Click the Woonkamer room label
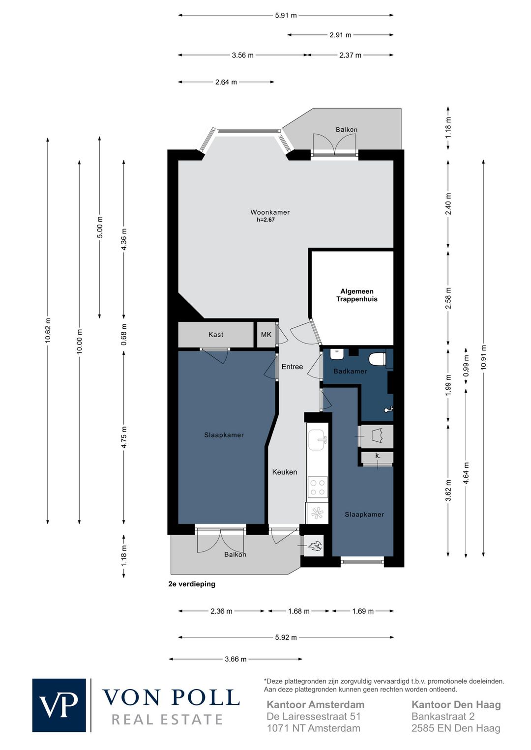270,212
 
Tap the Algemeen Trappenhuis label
357,295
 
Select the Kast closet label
215,335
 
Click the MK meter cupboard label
266,335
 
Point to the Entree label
292,367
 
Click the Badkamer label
350,371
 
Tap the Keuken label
284,472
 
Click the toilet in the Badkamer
378,359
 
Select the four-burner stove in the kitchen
317,487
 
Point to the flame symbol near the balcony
315,547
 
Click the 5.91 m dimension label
286,15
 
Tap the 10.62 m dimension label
48,330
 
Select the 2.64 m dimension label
226,82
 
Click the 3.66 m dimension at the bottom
236,659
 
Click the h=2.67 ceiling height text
265,220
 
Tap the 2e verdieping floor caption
192,584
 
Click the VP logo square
59,705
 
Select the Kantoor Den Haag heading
456,705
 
